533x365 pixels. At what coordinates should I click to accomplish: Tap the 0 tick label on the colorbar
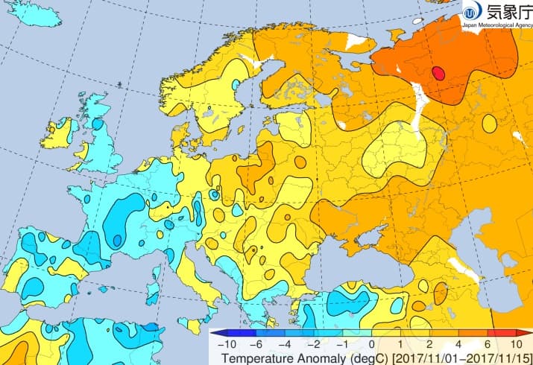(x=370, y=346)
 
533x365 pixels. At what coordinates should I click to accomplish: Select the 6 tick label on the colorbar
(x=488, y=346)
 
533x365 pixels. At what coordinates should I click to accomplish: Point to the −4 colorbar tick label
(x=283, y=346)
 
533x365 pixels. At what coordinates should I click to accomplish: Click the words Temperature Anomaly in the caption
(x=262, y=358)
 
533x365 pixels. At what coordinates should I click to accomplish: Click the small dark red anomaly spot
(x=438, y=72)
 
